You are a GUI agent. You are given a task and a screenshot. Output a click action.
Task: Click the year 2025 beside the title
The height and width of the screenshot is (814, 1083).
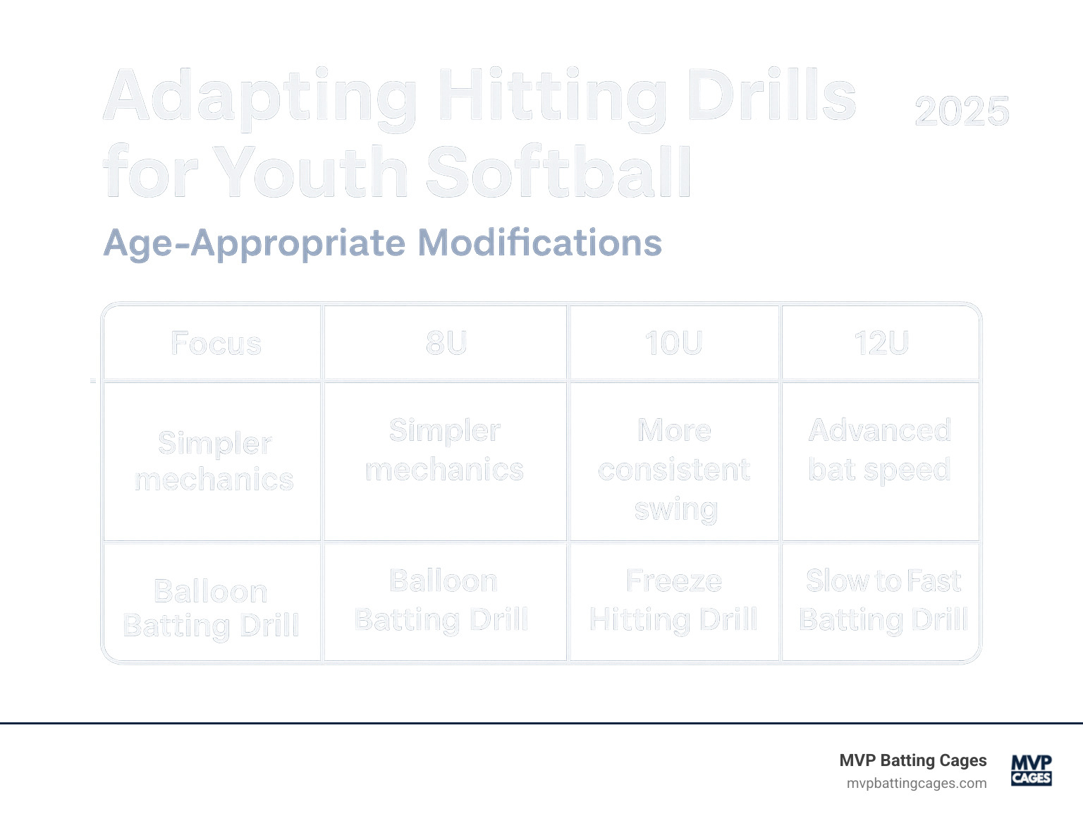click(x=962, y=111)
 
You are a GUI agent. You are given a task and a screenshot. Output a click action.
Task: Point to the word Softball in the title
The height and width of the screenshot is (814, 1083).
click(x=558, y=173)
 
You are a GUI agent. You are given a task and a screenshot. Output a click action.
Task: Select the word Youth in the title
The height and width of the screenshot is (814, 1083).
click(x=310, y=173)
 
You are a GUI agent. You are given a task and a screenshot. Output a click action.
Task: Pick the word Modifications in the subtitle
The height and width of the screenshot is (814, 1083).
click(x=539, y=243)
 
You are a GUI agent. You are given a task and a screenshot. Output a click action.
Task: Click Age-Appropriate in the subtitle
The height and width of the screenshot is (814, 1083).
click(x=255, y=244)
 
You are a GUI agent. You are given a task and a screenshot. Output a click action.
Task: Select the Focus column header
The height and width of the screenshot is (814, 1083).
click(x=216, y=344)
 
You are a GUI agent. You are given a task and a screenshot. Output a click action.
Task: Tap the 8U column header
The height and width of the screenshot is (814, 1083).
click(x=446, y=344)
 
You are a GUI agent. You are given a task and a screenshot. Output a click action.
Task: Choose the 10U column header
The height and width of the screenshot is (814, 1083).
click(x=674, y=344)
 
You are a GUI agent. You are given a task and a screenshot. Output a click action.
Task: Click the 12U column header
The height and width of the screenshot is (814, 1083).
click(x=881, y=344)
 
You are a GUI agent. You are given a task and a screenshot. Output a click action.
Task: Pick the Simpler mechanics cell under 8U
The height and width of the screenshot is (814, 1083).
click(x=445, y=450)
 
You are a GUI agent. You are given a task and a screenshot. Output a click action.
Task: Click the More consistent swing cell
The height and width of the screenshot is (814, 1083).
click(x=675, y=469)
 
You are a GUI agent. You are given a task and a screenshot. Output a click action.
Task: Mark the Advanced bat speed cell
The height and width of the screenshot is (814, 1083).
click(x=880, y=450)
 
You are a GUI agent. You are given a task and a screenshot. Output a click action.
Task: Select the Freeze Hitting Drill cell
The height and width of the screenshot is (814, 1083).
click(x=674, y=600)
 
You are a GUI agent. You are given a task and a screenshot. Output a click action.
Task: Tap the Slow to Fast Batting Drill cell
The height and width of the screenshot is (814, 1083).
click(x=883, y=600)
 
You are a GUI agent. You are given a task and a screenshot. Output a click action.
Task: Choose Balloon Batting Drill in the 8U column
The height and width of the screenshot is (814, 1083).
click(x=442, y=600)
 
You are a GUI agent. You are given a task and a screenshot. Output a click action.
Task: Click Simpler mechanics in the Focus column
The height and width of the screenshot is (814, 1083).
click(x=214, y=461)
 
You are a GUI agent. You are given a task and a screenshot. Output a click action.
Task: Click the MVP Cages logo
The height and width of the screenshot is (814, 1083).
click(x=1031, y=770)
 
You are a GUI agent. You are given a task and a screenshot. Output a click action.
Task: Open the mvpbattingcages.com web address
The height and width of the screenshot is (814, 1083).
click(x=917, y=783)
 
